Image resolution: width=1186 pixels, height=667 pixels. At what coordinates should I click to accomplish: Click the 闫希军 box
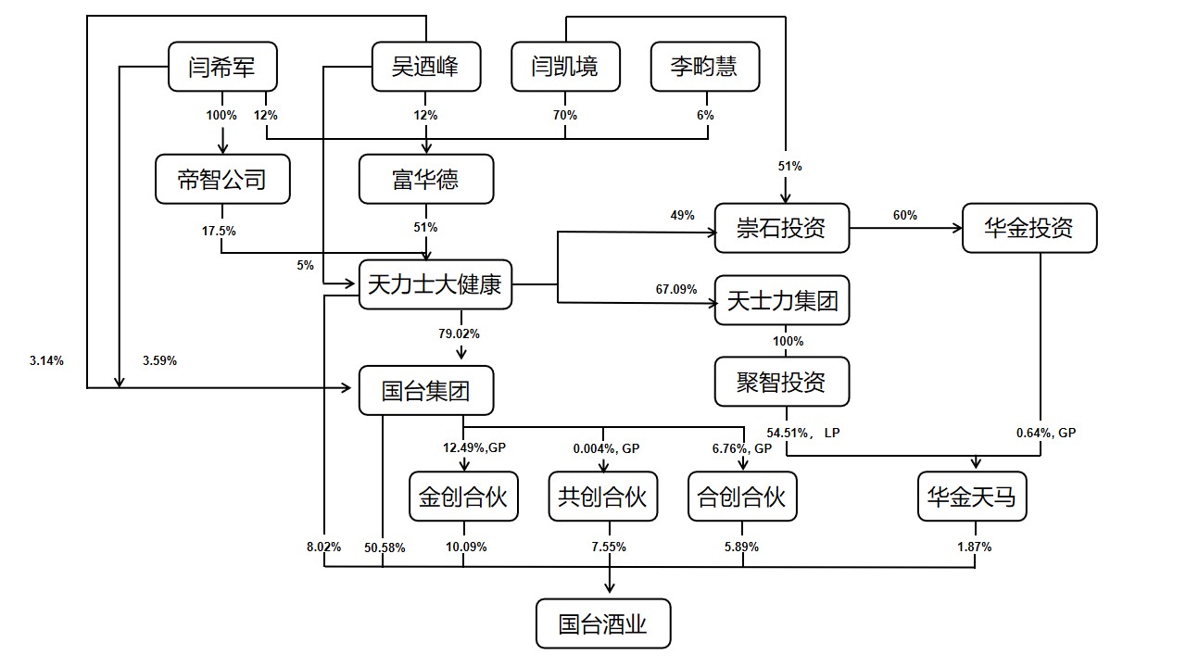coord(222,68)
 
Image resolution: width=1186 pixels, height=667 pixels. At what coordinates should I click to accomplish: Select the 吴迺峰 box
coord(426,68)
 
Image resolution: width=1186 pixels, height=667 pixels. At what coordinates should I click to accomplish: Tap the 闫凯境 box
coord(565,68)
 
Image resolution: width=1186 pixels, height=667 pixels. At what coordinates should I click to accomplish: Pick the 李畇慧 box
coord(705,68)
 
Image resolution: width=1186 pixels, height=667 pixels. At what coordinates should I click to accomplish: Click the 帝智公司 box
coord(222,179)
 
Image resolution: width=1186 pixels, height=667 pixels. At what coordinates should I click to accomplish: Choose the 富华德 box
coord(426,179)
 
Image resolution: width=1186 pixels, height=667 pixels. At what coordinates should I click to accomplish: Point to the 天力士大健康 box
coord(435,284)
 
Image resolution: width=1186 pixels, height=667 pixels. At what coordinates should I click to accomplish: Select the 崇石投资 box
coord(782,228)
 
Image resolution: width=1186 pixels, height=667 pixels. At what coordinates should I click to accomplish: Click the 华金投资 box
coord(1029,228)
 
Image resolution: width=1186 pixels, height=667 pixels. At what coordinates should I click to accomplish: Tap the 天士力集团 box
coord(782,301)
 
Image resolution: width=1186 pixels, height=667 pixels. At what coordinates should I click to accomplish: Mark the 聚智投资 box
coord(782,382)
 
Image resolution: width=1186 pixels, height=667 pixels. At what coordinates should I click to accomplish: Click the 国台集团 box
coord(426,390)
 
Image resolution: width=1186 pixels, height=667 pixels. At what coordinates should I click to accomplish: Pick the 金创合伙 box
coord(463,497)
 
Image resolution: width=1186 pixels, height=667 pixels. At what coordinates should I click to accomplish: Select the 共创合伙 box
coord(602,497)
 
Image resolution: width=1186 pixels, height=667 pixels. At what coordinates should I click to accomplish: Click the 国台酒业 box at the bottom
coord(602,624)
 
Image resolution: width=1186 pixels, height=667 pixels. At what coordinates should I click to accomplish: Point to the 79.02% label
coord(460,333)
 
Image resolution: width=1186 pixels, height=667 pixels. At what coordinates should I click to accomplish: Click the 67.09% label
coord(676,290)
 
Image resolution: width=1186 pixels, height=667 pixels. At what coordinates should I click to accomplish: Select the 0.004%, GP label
coord(606,449)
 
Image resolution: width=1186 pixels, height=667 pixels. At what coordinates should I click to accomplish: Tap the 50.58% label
coord(385,547)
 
